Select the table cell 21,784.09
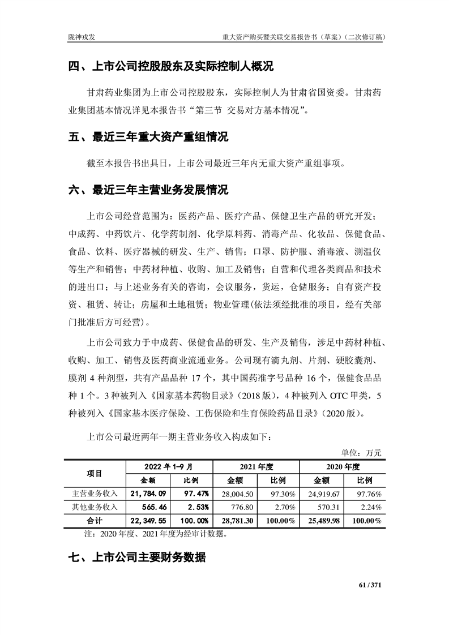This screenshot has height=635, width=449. pos(148,494)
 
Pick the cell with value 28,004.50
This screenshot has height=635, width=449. pos(234,494)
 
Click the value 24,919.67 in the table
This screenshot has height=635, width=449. pos(322,494)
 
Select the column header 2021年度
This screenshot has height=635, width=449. pos(256,467)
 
